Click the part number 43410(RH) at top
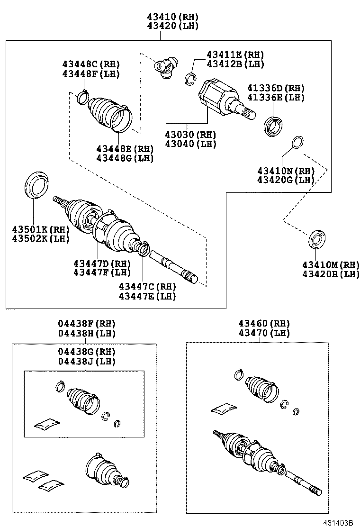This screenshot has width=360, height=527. click(172, 17)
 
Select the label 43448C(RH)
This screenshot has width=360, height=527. click(90, 64)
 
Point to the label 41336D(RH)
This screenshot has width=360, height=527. click(276, 88)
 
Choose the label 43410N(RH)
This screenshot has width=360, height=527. click(286, 171)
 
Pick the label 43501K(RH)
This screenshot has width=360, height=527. click(41, 229)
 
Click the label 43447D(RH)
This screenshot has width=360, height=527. click(102, 263)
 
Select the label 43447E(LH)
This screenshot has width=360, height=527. click(147, 296)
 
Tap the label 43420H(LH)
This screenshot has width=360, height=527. click(331, 274)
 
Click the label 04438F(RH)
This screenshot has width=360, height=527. click(87, 324)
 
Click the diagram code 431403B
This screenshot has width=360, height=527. click(339, 522)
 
